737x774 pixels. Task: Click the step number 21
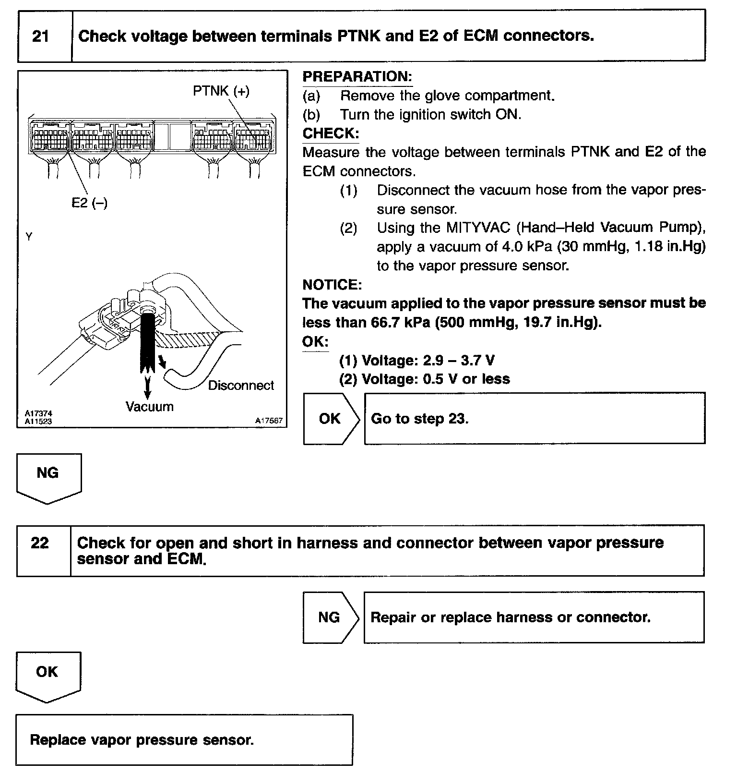tap(41, 36)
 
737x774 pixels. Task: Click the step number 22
tap(40, 543)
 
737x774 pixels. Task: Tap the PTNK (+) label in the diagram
tap(221, 91)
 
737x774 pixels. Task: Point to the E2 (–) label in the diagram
tap(89, 203)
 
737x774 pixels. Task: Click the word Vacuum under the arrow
tap(149, 407)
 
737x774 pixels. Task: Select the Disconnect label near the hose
tap(241, 386)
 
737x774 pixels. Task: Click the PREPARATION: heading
tap(357, 77)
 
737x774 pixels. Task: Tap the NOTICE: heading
tap(332, 285)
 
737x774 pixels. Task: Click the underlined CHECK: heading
tap(331, 133)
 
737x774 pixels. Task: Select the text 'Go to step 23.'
tap(420, 419)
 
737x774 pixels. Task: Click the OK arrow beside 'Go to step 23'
tap(330, 419)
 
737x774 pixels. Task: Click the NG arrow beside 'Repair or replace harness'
tap(329, 617)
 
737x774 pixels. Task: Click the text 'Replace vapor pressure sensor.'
tap(142, 740)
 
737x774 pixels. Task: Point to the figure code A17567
tap(269, 421)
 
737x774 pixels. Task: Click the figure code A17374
tap(38, 413)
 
